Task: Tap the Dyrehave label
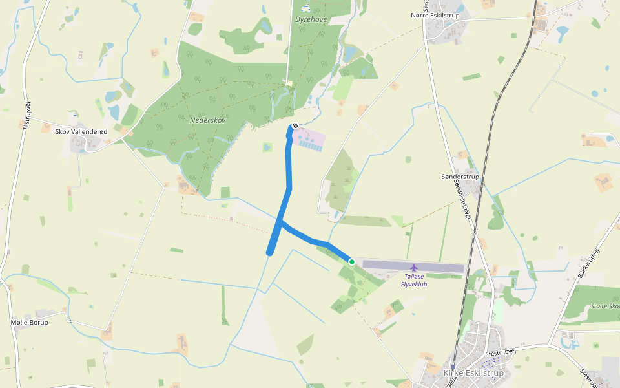(311, 19)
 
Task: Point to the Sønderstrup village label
(460, 177)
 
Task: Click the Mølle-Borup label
(30, 322)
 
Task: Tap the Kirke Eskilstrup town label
(473, 373)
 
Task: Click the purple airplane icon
(413, 267)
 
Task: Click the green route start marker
(352, 262)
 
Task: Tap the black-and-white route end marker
(294, 125)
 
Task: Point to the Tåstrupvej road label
(26, 116)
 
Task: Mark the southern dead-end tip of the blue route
(269, 253)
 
